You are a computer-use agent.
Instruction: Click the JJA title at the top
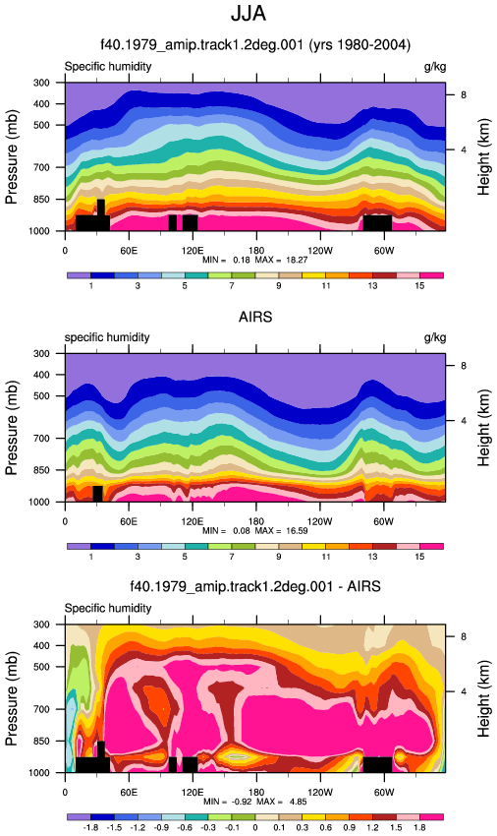coord(248,14)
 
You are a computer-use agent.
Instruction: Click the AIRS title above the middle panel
coord(255,317)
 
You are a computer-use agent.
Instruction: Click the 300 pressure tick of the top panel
coord(42,83)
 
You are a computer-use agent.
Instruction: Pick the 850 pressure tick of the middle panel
coord(42,470)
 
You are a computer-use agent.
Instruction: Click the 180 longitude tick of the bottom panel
coord(255,793)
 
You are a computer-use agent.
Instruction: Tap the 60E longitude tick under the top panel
coord(129,251)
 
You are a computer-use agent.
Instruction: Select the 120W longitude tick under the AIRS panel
coord(319,521)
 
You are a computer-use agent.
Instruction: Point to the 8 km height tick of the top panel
coord(464,94)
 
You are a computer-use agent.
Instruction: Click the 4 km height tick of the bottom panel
coord(464,691)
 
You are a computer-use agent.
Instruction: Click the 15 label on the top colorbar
coord(419,286)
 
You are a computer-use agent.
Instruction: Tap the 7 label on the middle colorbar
coord(232,557)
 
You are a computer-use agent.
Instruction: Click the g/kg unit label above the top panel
coord(435,67)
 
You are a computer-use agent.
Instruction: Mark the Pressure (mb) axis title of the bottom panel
coord(11,698)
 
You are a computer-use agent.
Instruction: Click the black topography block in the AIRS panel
coord(97,494)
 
